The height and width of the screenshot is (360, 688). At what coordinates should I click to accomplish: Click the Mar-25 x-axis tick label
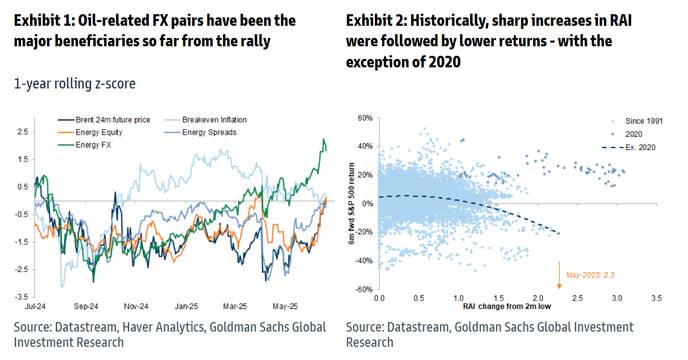pyautogui.click(x=235, y=306)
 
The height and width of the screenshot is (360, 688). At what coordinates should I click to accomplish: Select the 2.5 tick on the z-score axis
pyautogui.click(x=23, y=132)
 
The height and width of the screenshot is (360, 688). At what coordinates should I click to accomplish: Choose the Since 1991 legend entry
pyautogui.click(x=644, y=121)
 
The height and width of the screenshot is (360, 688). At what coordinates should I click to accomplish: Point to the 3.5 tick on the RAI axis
pyautogui.click(x=656, y=298)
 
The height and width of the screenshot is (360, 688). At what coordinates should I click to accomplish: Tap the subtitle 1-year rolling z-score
pyautogui.click(x=74, y=83)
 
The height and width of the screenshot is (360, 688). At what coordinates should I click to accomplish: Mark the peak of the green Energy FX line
pyautogui.click(x=323, y=139)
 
